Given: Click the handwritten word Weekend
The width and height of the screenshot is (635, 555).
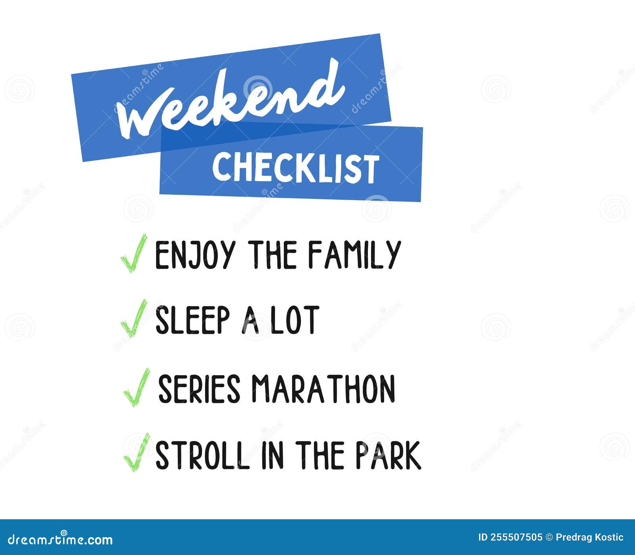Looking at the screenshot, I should [230, 101].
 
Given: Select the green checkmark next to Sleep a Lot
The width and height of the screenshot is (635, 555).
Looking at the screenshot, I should [133, 318].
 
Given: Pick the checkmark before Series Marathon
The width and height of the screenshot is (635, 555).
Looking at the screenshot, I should [136, 387].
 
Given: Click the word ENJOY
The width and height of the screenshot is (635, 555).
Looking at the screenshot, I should [194, 255].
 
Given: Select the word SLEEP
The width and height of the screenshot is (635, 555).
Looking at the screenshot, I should [192, 320].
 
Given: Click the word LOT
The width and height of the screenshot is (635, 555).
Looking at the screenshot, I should [294, 320].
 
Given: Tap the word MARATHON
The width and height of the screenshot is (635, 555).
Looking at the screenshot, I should [323, 389].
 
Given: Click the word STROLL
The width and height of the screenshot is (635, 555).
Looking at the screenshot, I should [202, 455].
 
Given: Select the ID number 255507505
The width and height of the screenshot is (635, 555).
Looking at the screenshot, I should [516, 538].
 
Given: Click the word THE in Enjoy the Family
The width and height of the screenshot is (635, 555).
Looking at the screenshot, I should [273, 255].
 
